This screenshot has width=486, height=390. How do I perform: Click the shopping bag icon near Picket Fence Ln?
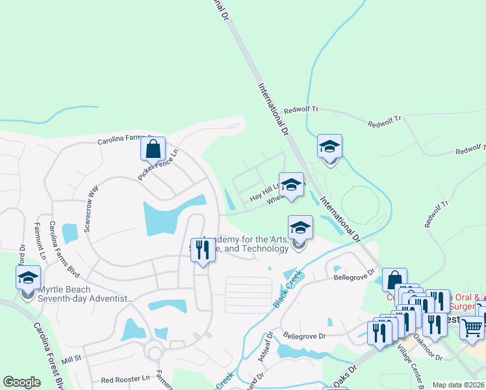pos(153,149)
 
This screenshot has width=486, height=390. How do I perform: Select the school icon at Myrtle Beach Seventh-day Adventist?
pos(28,278)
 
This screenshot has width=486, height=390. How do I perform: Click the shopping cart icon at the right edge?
pos(472,327)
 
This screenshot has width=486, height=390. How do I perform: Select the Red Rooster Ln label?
pos(126,378)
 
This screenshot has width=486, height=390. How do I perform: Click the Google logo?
pos(21,382)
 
